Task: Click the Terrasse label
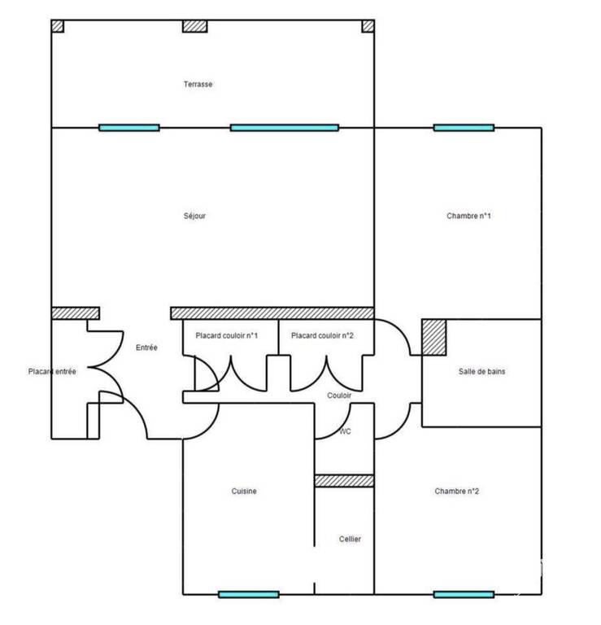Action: tap(198, 84)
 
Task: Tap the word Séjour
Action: tap(194, 216)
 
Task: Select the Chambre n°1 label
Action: tap(468, 216)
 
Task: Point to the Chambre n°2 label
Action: tap(457, 492)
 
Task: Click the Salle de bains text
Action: tap(482, 371)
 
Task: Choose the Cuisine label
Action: tap(244, 492)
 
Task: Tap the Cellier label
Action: tap(350, 540)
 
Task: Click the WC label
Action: tap(346, 431)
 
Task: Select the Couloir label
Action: tap(339, 396)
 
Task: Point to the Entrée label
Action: tap(146, 347)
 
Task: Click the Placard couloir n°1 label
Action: tap(227, 335)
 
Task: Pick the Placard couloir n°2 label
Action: tap(322, 335)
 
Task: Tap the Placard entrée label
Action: tap(52, 371)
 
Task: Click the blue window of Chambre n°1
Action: tap(464, 128)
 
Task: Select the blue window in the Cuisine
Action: tap(249, 595)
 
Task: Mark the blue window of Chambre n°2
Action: tap(464, 595)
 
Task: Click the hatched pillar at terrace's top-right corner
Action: tap(368, 26)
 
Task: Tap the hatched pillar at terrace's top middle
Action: tap(194, 26)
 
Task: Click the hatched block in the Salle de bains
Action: tap(434, 337)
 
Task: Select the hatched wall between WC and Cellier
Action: tap(345, 481)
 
